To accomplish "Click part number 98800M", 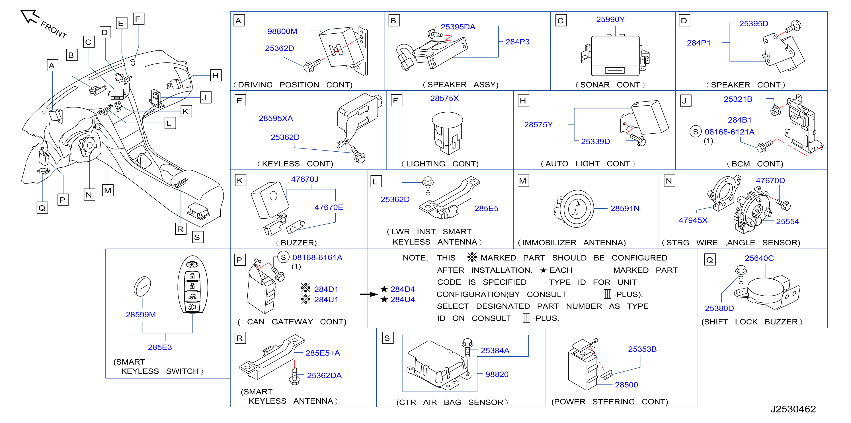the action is (x=282, y=31).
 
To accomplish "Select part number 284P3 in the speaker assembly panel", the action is (x=517, y=42).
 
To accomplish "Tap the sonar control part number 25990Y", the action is (x=610, y=19).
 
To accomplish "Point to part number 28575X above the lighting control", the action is (x=444, y=99).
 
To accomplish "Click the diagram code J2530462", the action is (x=793, y=409).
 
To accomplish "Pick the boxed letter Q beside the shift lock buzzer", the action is (x=709, y=260).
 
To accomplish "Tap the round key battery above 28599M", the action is (x=142, y=286).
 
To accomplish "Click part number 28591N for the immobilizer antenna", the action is (x=625, y=209).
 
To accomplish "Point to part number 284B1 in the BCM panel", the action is (x=739, y=120).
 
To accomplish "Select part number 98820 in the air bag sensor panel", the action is (x=497, y=374).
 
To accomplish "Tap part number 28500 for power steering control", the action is (x=626, y=385).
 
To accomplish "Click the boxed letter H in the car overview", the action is (x=216, y=76).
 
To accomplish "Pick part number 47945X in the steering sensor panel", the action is (x=693, y=220).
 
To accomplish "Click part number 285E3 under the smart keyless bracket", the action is (x=160, y=347).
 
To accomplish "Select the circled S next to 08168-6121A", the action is (x=695, y=132).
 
